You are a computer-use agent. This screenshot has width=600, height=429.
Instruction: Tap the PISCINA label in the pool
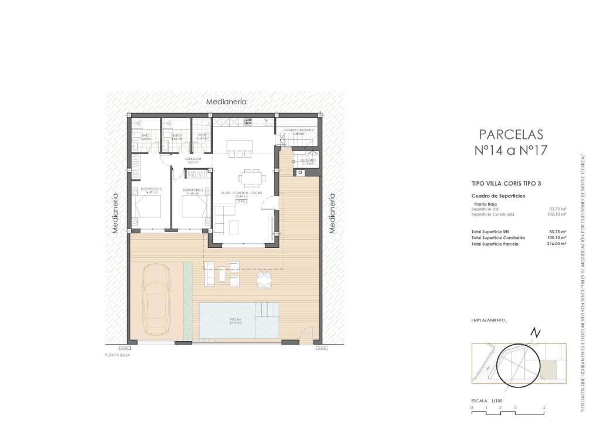click(236, 320)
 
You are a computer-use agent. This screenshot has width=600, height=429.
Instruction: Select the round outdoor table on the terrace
click(264, 280)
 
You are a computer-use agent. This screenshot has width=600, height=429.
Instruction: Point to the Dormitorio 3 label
click(193, 190)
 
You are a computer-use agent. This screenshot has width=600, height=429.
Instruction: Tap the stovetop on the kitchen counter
click(247, 122)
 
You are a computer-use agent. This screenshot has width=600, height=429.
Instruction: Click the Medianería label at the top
click(226, 102)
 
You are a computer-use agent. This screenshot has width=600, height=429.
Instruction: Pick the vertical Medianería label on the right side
click(332, 213)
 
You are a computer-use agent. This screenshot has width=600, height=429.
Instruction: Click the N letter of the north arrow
click(534, 333)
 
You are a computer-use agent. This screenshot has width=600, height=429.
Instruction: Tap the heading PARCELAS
click(511, 134)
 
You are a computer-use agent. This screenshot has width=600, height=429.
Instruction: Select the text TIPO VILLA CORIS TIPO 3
click(506, 183)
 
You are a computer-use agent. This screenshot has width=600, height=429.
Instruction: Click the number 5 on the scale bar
click(544, 407)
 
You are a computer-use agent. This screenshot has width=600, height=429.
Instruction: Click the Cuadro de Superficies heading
click(498, 195)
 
